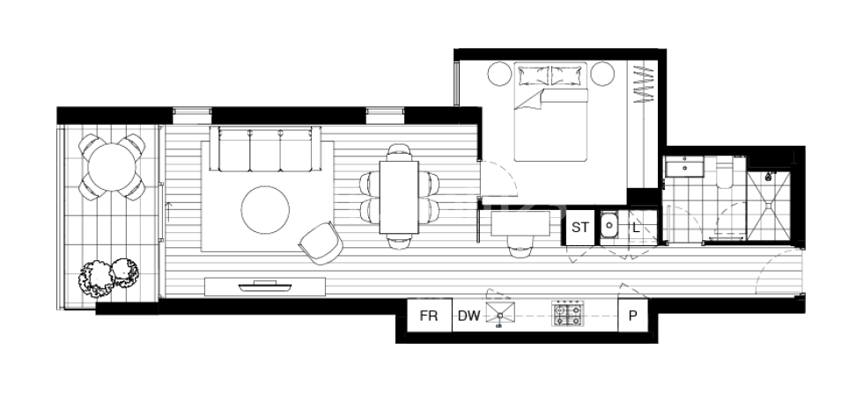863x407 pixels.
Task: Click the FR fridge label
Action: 430,316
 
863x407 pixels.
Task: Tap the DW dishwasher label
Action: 468,316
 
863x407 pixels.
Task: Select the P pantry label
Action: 632,316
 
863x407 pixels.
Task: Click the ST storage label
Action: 580,227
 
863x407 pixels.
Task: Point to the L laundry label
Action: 636,227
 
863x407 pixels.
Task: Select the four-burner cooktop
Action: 568,314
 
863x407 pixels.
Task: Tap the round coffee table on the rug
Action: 266,209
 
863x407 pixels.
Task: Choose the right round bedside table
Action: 603,74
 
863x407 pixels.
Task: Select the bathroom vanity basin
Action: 682,168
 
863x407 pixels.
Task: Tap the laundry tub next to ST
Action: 609,226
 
